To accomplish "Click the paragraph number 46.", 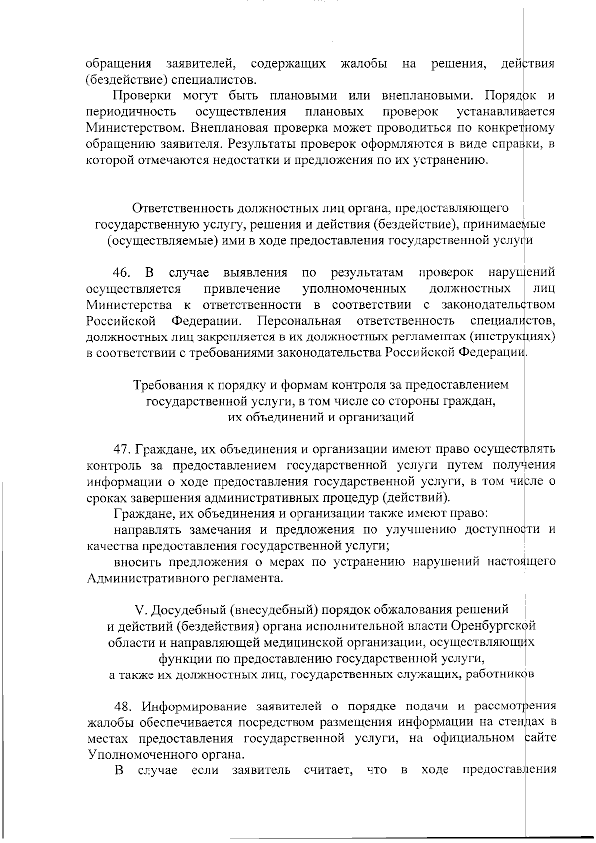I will pos(122,273).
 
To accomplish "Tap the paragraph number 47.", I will pos(122,449).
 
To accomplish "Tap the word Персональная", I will pos(299,321).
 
